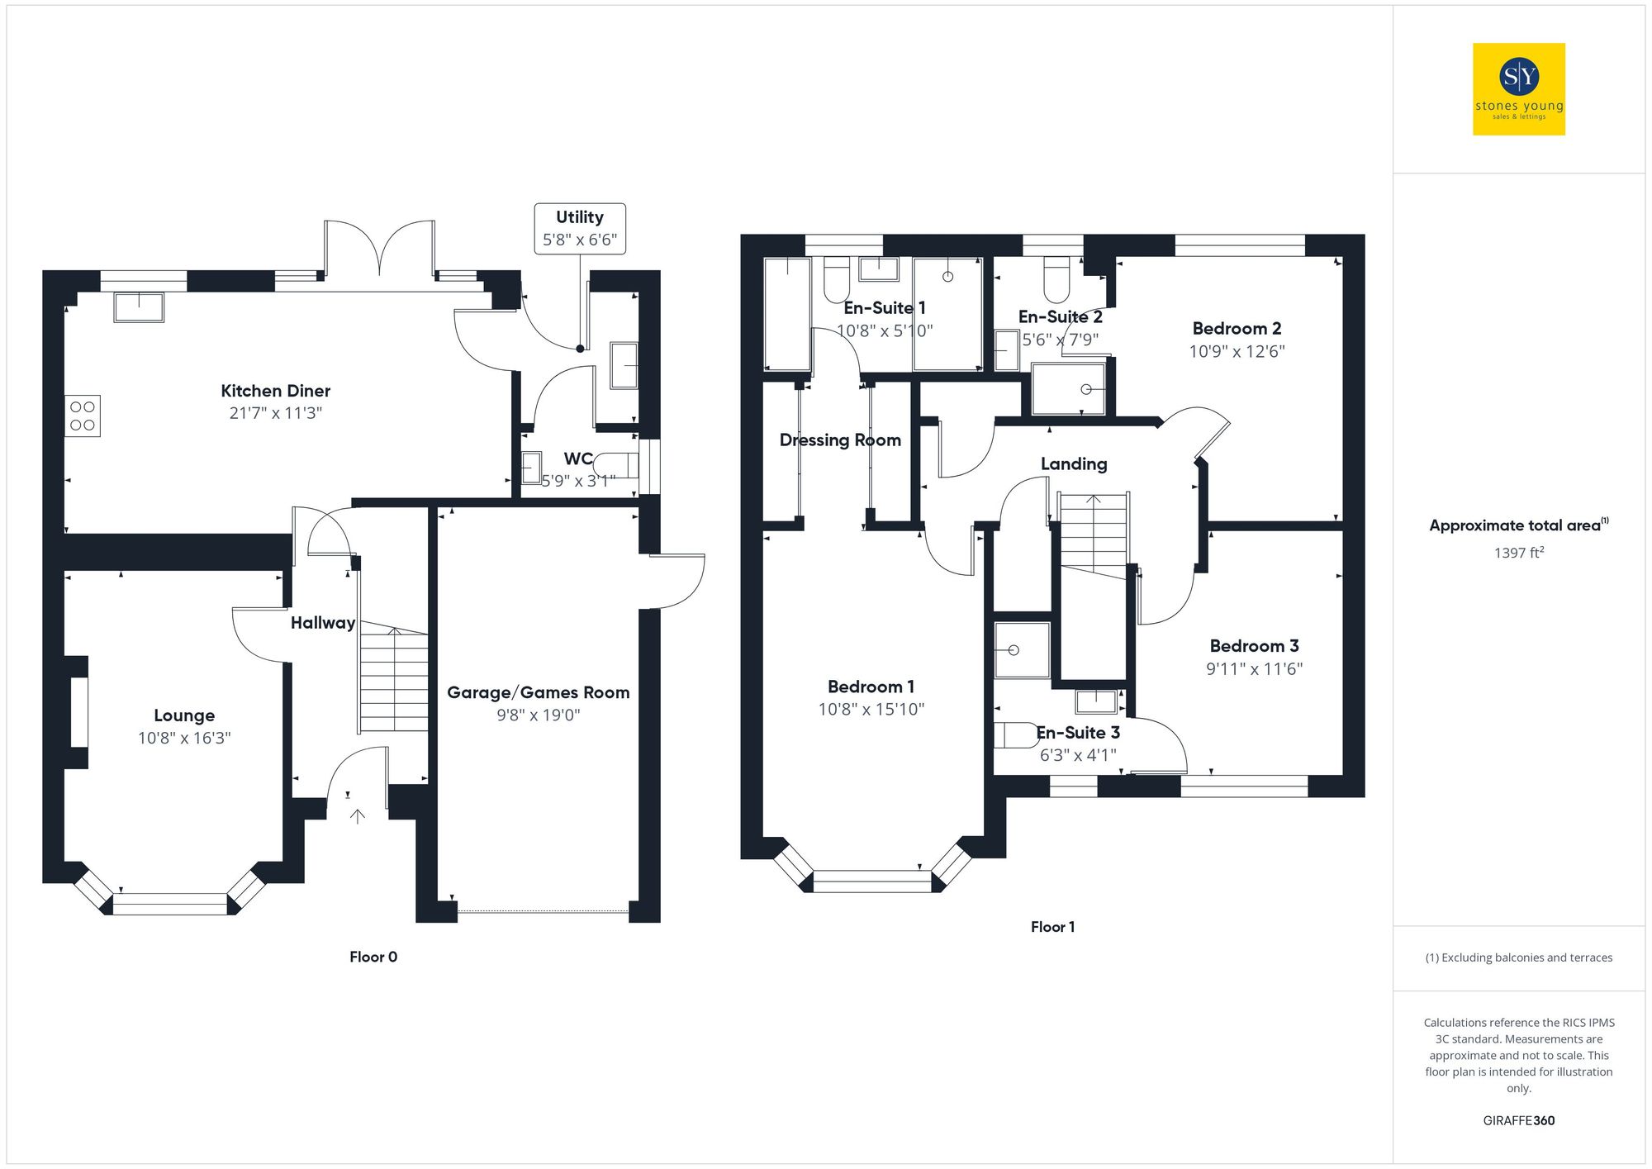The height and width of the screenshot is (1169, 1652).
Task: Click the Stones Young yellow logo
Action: pos(1518,89)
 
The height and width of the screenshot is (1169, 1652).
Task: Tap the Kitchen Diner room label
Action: pos(275,391)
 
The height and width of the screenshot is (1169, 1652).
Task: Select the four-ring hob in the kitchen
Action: pos(83,416)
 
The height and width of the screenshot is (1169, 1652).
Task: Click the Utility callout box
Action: pos(579,229)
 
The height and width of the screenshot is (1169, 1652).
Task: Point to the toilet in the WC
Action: pos(616,465)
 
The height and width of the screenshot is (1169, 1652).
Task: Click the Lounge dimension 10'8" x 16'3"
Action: pos(184,738)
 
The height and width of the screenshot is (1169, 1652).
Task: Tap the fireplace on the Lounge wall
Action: pos(78,712)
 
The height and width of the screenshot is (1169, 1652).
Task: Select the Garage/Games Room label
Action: pos(538,692)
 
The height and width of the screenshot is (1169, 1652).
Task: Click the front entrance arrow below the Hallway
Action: pos(358,816)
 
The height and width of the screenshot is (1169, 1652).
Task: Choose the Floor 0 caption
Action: pos(373,957)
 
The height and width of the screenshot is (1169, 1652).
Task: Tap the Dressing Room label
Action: pos(840,440)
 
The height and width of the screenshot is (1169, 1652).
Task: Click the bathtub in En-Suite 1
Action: pos(787,314)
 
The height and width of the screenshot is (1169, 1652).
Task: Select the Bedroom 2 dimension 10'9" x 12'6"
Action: pos(1237,351)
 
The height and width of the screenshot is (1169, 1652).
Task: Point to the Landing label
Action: pos(1074,464)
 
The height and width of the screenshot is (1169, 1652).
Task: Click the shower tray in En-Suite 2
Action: pos(1069,389)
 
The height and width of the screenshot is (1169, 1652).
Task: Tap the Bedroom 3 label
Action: pos(1254,646)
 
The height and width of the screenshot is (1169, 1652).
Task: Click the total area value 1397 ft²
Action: pos(1518,553)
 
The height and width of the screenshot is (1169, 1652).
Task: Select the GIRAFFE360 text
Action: pos(1518,1121)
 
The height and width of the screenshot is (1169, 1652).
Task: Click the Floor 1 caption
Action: pos(1052,927)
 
